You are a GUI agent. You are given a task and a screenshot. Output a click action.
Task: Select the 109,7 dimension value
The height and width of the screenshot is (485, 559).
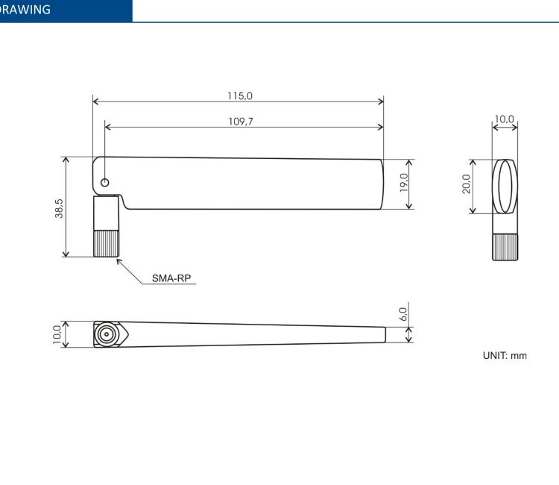pos(240,121)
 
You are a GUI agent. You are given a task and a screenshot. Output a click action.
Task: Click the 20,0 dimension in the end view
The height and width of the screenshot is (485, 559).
pos(466,185)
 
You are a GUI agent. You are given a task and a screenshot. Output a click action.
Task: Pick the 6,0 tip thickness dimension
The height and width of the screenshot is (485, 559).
pos(403,313)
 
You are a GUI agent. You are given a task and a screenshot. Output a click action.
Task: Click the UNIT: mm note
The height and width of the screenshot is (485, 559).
pos(505,355)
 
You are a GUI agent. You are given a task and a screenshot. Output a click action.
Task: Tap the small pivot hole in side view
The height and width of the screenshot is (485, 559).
pos(104,182)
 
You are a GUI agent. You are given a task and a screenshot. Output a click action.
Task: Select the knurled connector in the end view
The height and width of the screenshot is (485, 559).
pos(505,247)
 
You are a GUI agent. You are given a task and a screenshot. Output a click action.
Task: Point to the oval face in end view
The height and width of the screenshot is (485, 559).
pos(505,186)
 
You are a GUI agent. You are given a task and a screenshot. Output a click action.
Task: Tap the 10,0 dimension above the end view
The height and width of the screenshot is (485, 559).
pos(505,119)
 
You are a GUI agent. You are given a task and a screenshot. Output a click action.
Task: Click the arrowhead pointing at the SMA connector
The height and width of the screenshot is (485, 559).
pos(119,260)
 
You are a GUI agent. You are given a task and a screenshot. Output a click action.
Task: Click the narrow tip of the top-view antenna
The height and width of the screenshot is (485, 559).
pos(383,334)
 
